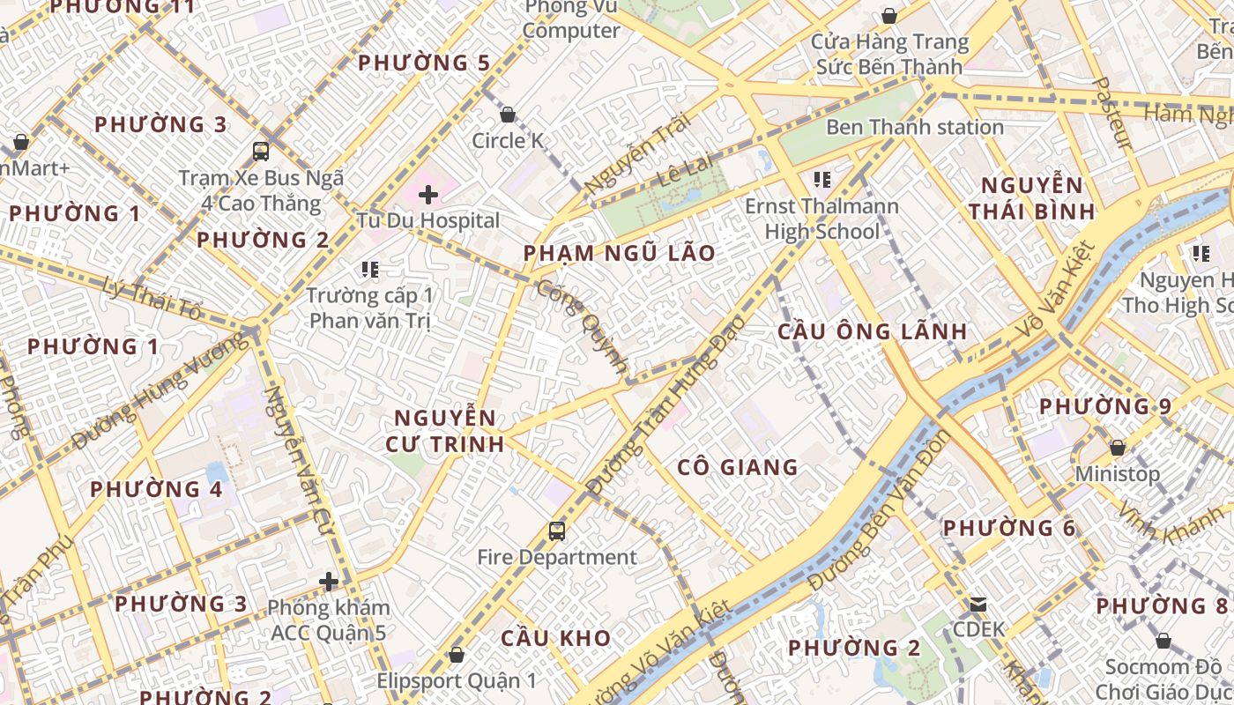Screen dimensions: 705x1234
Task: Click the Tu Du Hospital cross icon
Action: click(x=428, y=195)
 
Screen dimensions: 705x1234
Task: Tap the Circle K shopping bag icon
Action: click(x=508, y=115)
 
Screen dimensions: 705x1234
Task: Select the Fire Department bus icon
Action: click(x=557, y=531)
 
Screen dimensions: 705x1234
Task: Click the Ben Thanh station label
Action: click(x=914, y=127)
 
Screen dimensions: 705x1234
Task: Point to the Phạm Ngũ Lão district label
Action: click(x=620, y=254)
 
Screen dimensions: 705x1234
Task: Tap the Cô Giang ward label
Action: click(x=738, y=467)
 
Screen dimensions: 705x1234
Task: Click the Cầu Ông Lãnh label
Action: click(x=873, y=331)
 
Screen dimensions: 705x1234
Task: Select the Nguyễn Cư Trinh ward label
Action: click(x=445, y=431)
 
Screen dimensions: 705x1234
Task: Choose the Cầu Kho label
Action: click(x=556, y=638)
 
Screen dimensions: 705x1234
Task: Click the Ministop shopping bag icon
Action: click(x=1118, y=448)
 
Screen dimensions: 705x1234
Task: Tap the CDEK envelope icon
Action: click(x=978, y=605)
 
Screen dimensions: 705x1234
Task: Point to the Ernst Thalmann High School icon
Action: click(x=822, y=180)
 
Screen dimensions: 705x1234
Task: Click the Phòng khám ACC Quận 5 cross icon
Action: click(x=329, y=582)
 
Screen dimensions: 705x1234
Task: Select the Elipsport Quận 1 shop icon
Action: click(x=457, y=655)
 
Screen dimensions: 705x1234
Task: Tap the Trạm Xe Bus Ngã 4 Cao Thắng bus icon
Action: click(x=261, y=151)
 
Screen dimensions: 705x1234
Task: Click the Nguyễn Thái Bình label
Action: click(x=1031, y=198)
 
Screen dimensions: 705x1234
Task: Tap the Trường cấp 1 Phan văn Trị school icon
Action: click(x=370, y=269)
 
